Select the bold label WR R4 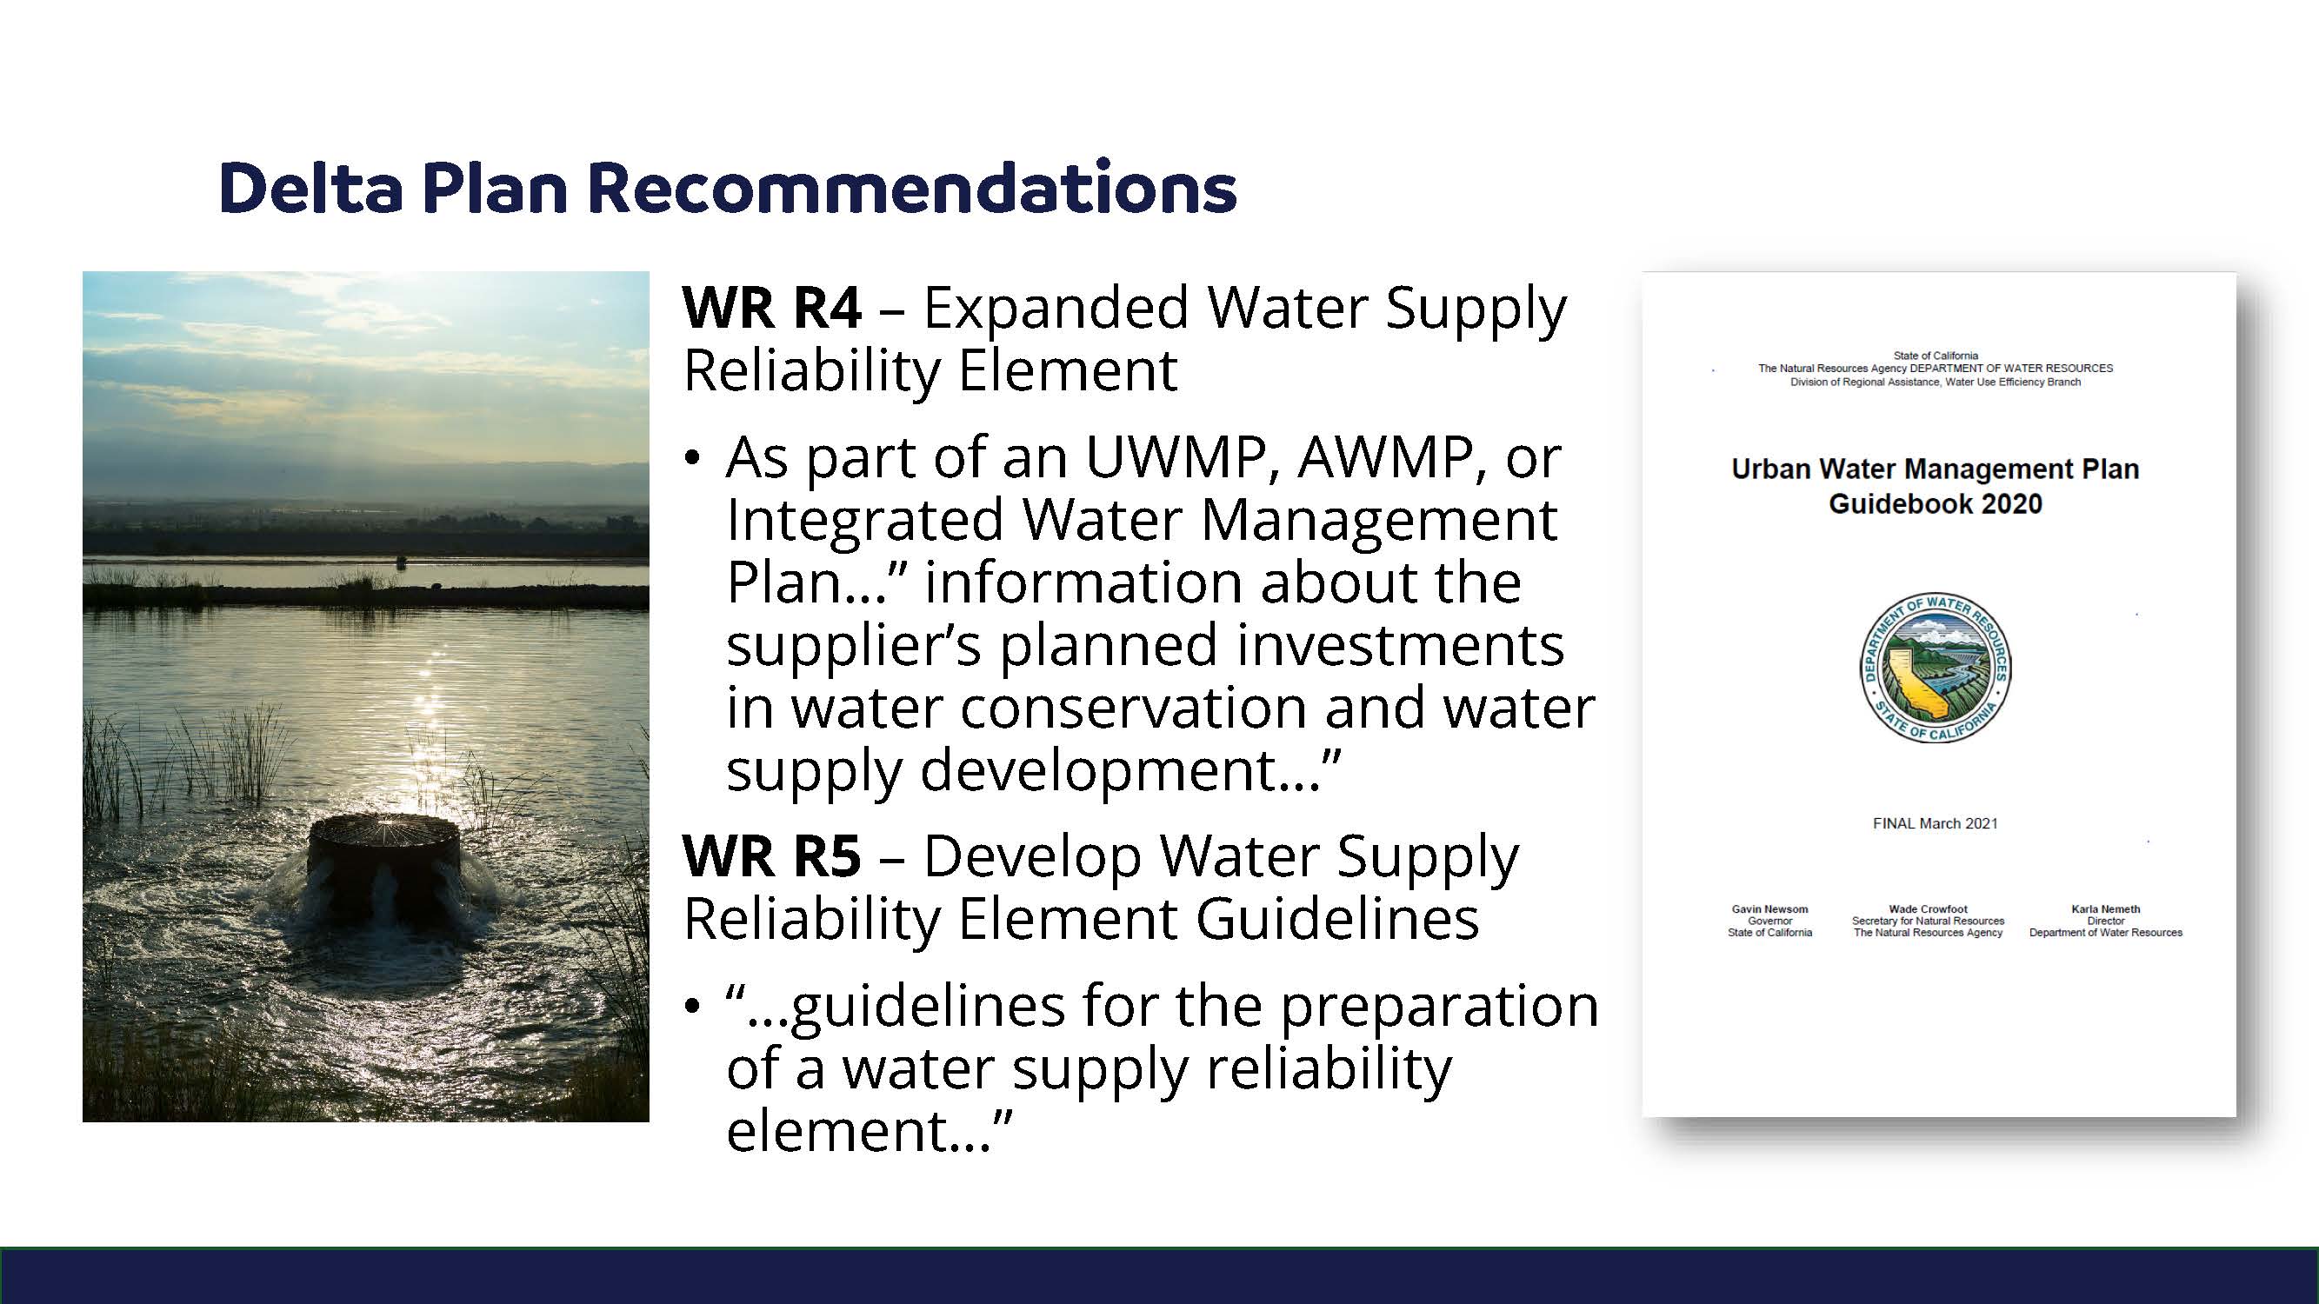pyautogui.click(x=772, y=308)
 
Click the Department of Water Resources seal pyautogui.click(x=1936, y=668)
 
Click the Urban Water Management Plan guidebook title pyautogui.click(x=1936, y=486)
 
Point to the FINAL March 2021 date pyautogui.click(x=1936, y=823)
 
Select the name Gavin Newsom pyautogui.click(x=1769, y=909)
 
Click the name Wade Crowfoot pyautogui.click(x=1929, y=909)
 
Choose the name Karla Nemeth pyautogui.click(x=2106, y=909)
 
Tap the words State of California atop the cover pyautogui.click(x=1936, y=356)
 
